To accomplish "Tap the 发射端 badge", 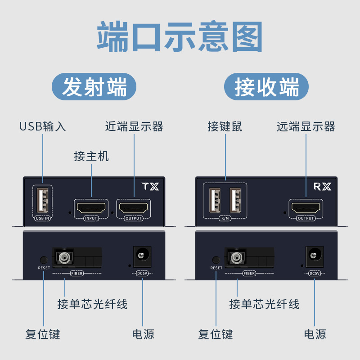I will [94, 87].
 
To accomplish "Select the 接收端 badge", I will [266, 87].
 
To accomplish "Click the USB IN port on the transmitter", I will [43, 201].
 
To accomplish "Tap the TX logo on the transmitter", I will [150, 186].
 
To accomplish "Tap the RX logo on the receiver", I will [322, 186].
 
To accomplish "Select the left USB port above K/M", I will [215, 200].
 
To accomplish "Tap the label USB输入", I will [42, 126].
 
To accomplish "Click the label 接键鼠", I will [225, 126].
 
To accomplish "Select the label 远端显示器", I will [306, 126].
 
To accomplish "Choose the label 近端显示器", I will [134, 126].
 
